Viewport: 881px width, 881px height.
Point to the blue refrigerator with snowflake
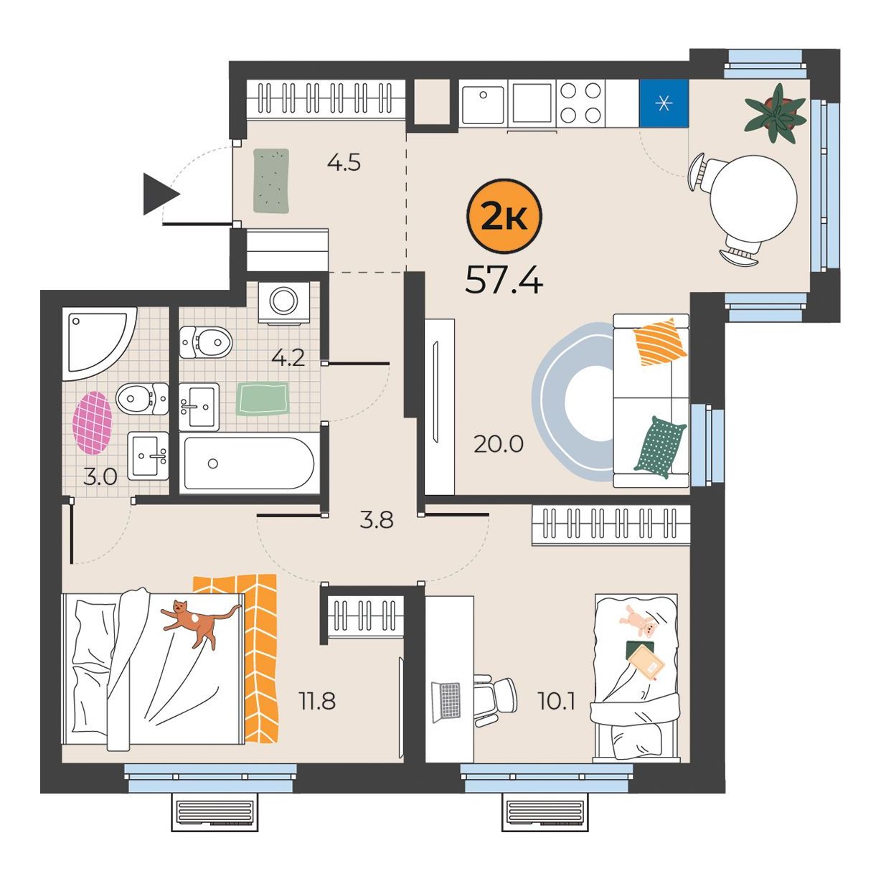[x=664, y=103]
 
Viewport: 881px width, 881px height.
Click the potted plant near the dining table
[x=775, y=113]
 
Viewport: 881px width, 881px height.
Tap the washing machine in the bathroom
[x=284, y=302]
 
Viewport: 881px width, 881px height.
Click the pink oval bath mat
[x=92, y=423]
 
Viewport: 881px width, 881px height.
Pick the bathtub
[x=249, y=463]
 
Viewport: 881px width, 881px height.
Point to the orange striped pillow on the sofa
[x=660, y=341]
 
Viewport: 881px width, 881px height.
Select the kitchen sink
[x=483, y=105]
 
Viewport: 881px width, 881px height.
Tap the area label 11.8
[x=317, y=700]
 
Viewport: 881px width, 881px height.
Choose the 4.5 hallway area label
[x=344, y=162]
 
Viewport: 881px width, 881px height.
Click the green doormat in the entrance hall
[x=271, y=181]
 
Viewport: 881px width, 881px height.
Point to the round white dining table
[x=753, y=199]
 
